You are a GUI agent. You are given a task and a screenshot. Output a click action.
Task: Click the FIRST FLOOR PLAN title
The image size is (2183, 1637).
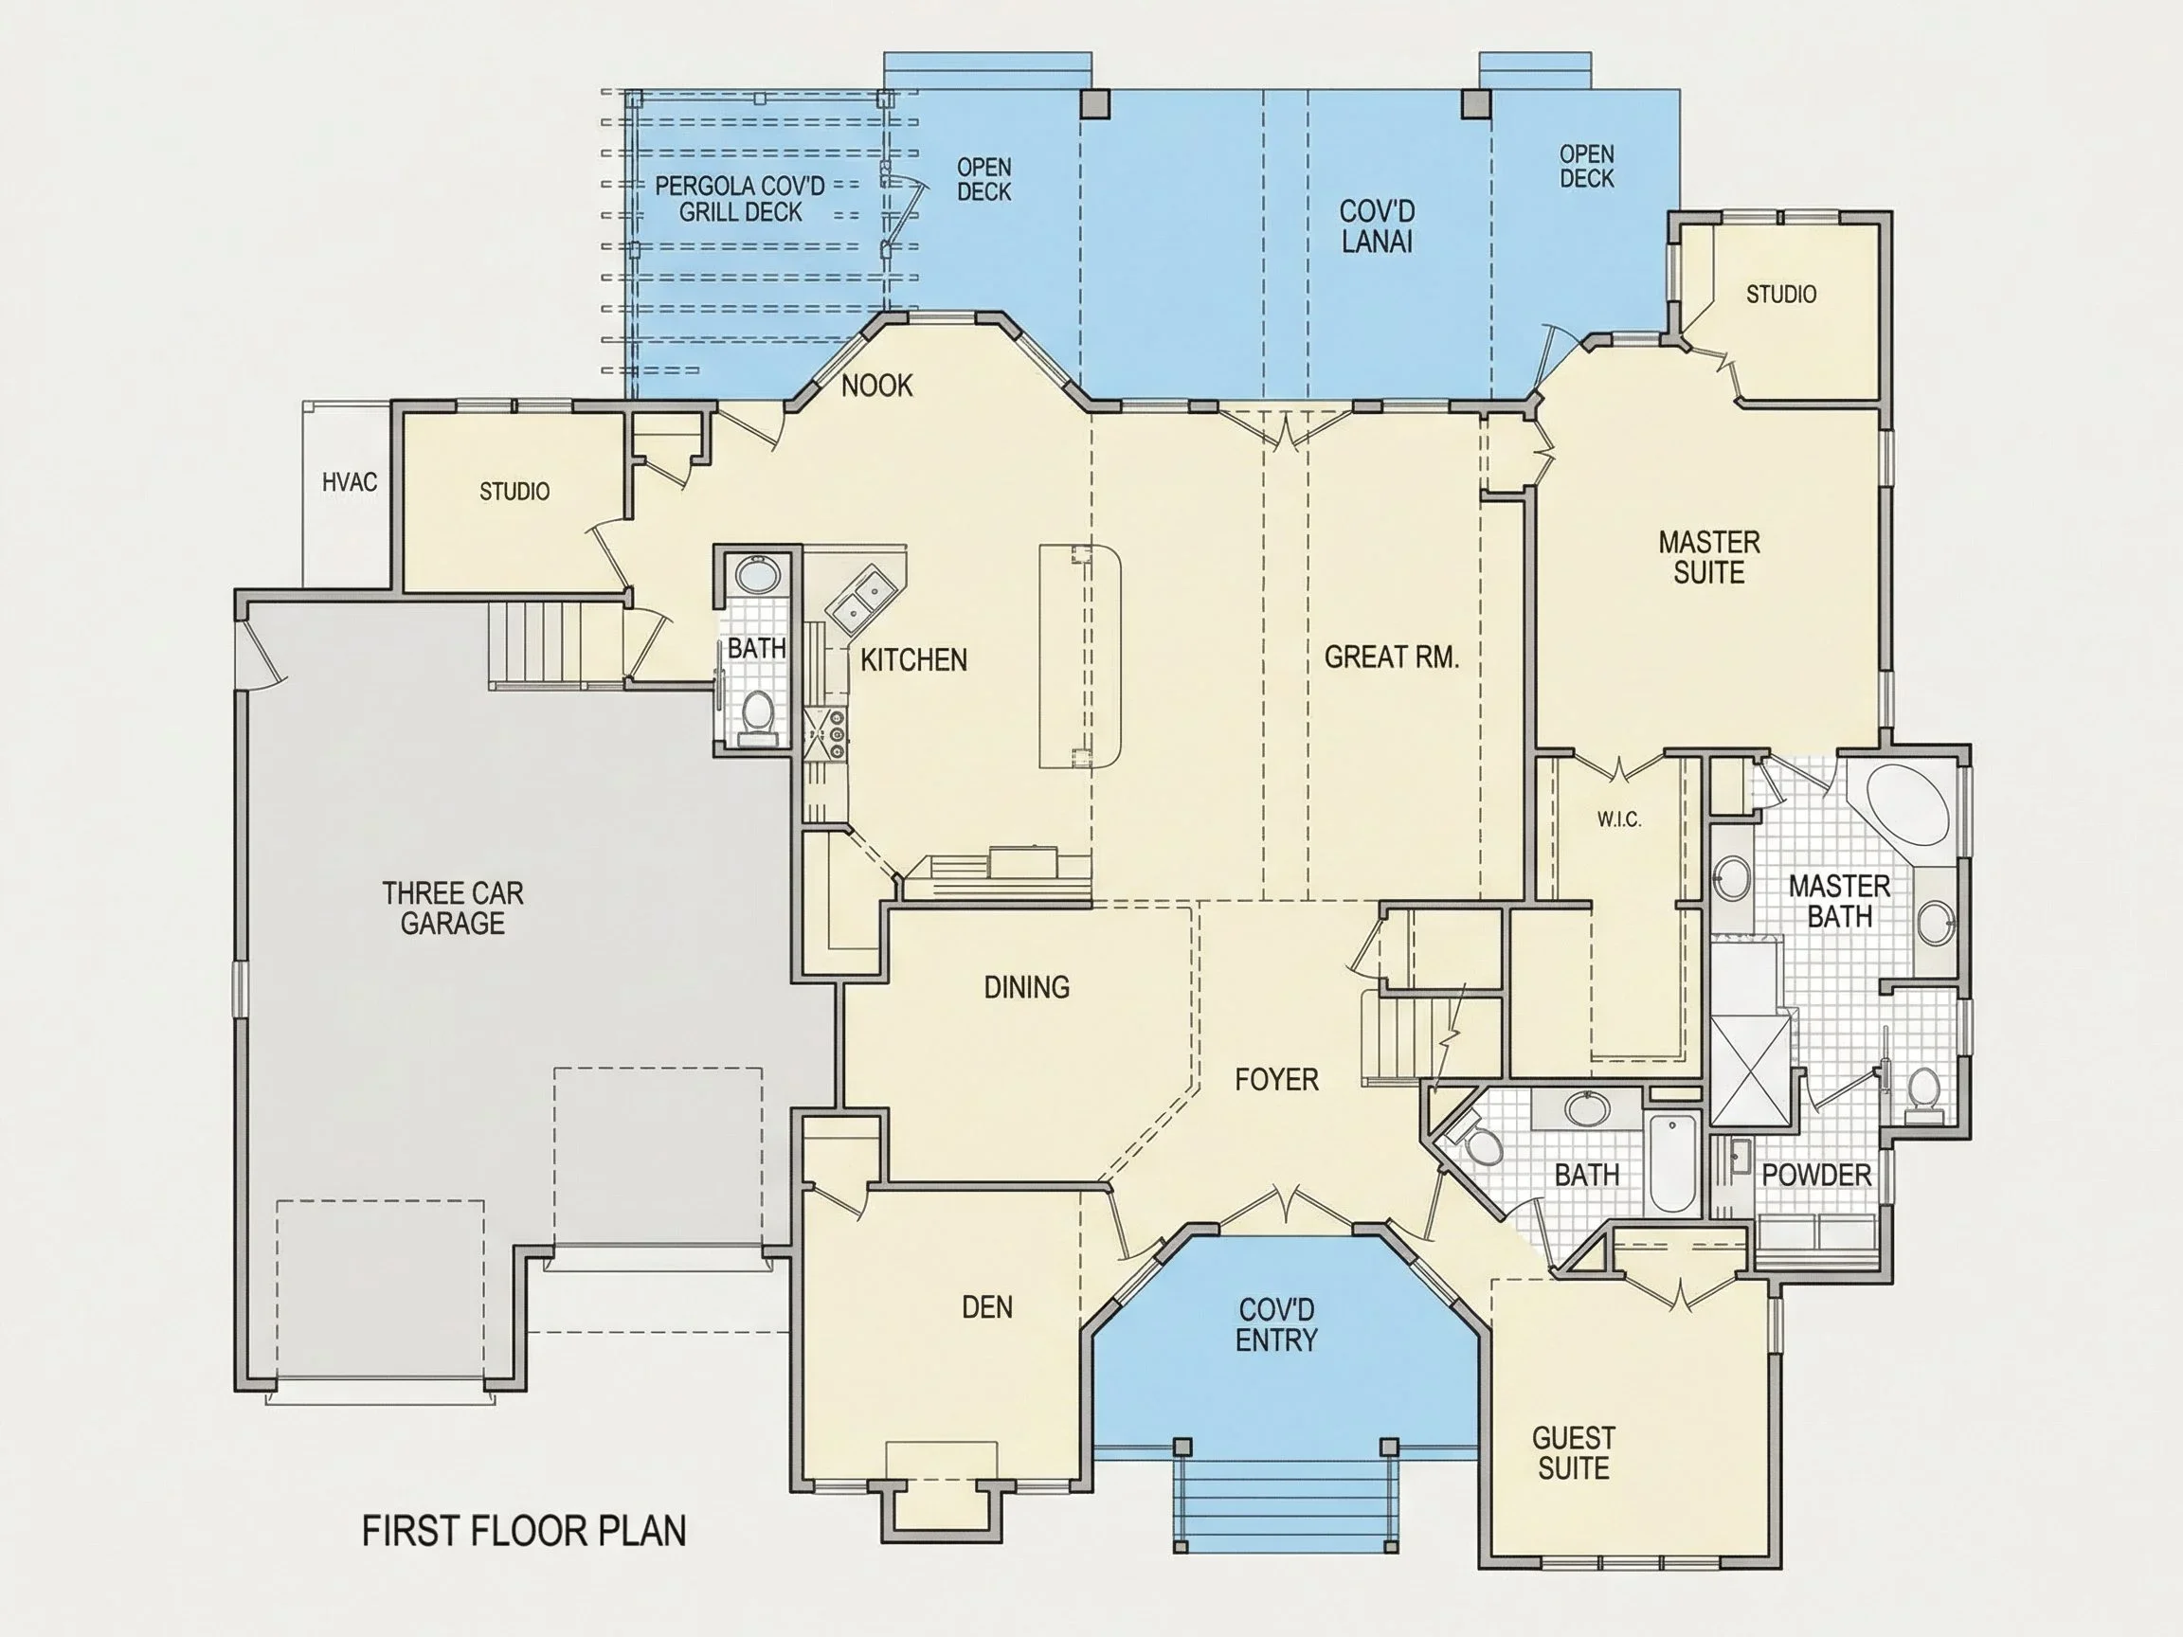pyautogui.click(x=523, y=1531)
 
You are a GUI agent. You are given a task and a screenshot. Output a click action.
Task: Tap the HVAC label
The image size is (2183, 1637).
pyautogui.click(x=350, y=481)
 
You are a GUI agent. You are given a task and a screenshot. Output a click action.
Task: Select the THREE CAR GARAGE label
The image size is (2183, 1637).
pyautogui.click(x=453, y=908)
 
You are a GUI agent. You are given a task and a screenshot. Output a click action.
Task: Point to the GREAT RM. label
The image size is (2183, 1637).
pyautogui.click(x=1392, y=657)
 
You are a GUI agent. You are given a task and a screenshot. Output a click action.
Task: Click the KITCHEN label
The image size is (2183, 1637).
pyautogui.click(x=914, y=660)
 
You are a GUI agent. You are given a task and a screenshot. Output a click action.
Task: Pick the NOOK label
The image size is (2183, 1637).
pyautogui.click(x=876, y=386)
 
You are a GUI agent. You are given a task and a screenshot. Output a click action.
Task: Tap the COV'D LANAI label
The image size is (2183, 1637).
pyautogui.click(x=1377, y=226)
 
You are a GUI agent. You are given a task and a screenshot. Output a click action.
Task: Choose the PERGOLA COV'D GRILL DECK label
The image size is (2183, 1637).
pyautogui.click(x=740, y=198)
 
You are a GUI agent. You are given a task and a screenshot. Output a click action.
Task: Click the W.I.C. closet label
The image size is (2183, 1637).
pyautogui.click(x=1619, y=819)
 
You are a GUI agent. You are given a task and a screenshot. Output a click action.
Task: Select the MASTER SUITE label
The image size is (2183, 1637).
pyautogui.click(x=1709, y=557)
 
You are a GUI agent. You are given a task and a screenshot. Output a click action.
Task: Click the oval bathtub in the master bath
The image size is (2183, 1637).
pyautogui.click(x=1907, y=804)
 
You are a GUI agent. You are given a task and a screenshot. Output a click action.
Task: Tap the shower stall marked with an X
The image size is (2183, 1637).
pyautogui.click(x=1750, y=1070)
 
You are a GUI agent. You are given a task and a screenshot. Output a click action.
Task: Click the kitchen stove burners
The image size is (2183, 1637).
pyautogui.click(x=825, y=734)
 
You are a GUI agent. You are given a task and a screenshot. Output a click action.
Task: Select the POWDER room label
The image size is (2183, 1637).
pyautogui.click(x=1816, y=1176)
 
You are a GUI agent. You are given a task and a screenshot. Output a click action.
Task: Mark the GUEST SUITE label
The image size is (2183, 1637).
pyautogui.click(x=1573, y=1452)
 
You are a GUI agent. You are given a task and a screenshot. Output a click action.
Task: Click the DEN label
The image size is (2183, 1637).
pyautogui.click(x=987, y=1307)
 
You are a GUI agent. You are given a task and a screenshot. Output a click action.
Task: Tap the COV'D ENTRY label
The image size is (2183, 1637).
pyautogui.click(x=1276, y=1325)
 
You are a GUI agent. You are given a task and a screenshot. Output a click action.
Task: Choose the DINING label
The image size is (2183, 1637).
pyautogui.click(x=1026, y=987)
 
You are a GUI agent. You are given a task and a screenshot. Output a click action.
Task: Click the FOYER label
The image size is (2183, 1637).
pyautogui.click(x=1276, y=1080)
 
